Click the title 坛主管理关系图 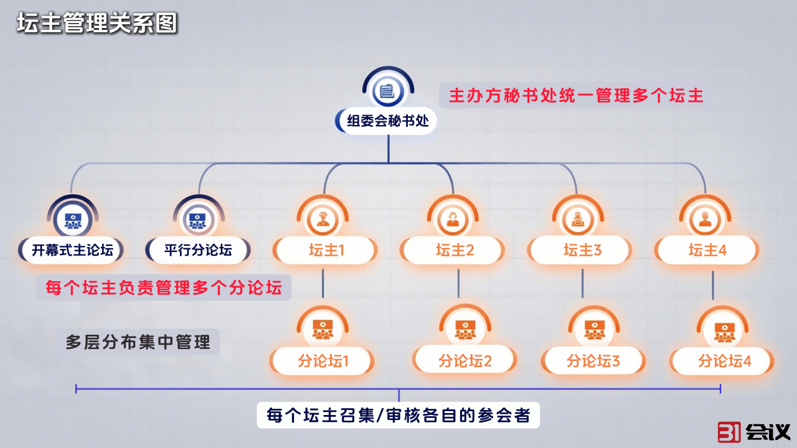click(x=97, y=23)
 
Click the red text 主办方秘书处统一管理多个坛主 click(x=576, y=96)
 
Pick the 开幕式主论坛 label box click(x=72, y=251)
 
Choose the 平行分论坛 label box click(x=198, y=251)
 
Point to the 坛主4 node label click(x=707, y=251)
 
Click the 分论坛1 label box click(x=323, y=361)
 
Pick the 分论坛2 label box click(x=465, y=360)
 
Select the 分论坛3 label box click(x=593, y=361)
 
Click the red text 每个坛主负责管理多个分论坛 click(x=163, y=287)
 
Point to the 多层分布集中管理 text click(x=138, y=342)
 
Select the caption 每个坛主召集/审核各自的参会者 click(x=398, y=414)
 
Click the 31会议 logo click(x=753, y=432)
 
